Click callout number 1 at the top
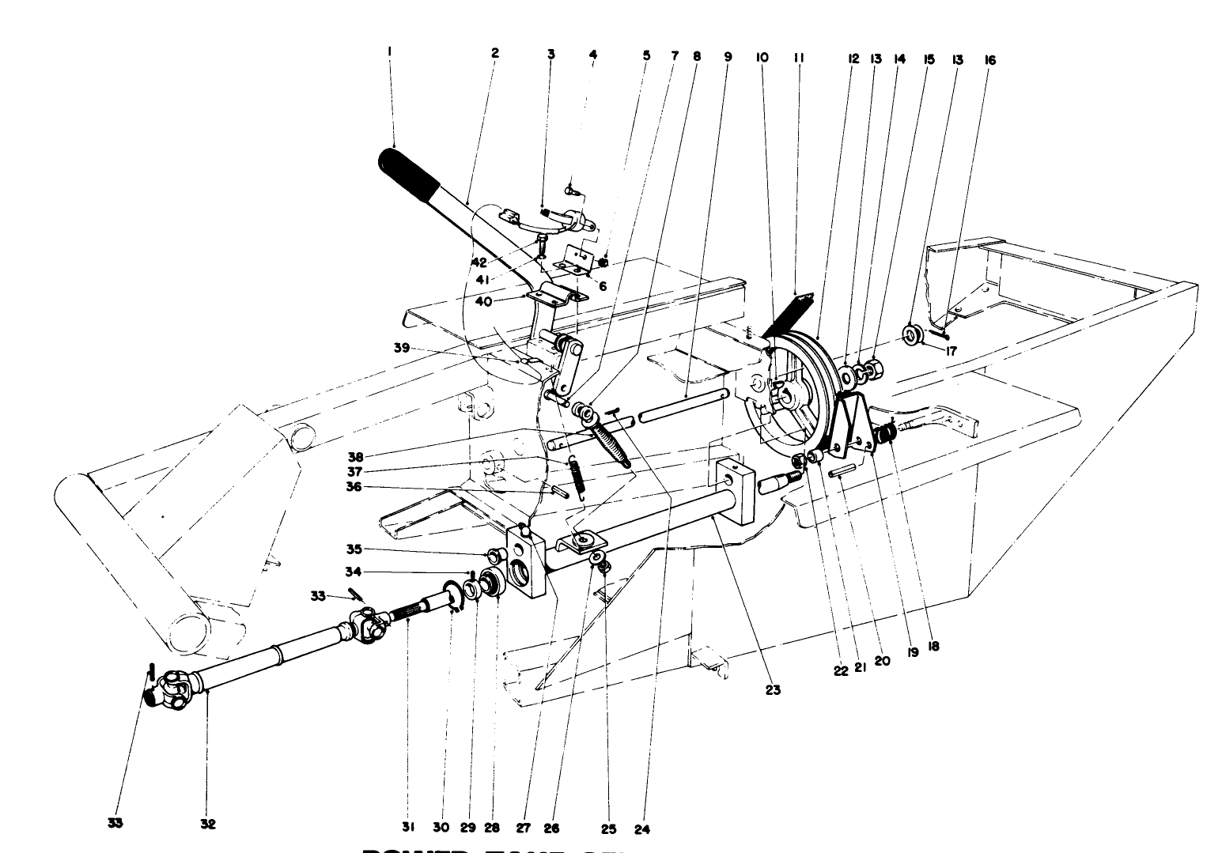tap(389, 51)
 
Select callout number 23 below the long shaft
tap(772, 690)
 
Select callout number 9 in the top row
tap(728, 56)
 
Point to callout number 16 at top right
tap(990, 59)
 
